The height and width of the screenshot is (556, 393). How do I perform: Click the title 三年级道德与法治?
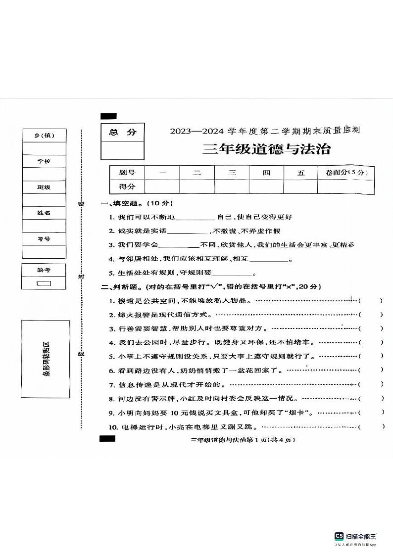point(266,148)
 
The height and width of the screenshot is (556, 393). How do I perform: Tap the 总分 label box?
point(122,132)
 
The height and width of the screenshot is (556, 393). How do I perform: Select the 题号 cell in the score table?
point(127,173)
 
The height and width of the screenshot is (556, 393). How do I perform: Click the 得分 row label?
point(127,186)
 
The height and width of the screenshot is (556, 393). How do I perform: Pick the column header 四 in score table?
point(266,173)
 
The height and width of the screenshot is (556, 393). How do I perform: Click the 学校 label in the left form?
point(44,161)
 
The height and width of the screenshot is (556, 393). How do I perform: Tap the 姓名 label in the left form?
point(44,213)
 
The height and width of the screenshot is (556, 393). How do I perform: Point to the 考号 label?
point(44,239)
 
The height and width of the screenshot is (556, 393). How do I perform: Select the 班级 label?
point(44,187)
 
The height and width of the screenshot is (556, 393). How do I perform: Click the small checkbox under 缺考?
point(44,283)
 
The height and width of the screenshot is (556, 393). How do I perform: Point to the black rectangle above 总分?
point(108,116)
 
